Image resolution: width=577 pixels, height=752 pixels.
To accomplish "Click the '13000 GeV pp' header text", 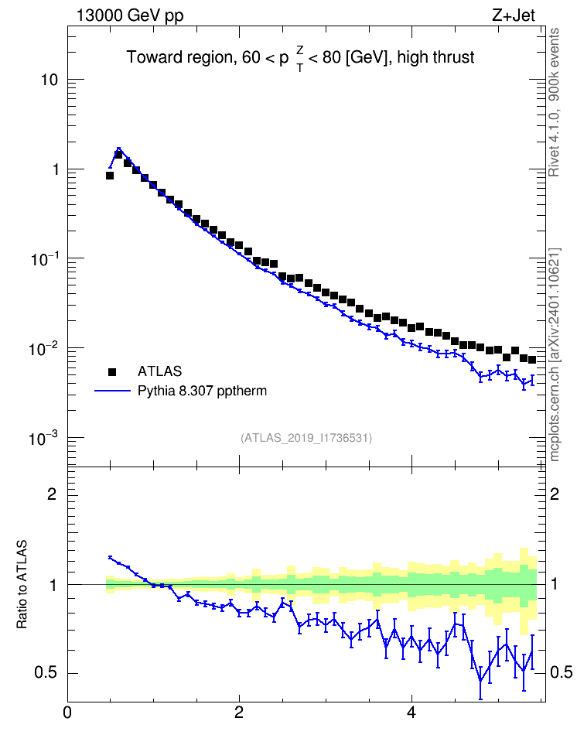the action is pos(130,15).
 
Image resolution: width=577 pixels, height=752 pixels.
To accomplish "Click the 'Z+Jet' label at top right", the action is pos(514,15).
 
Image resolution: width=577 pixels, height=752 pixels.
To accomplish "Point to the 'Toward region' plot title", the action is pos(300,58).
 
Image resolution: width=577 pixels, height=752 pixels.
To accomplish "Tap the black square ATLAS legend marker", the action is pos(112,371).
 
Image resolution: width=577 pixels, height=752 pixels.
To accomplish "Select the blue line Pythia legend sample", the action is pos(112,391).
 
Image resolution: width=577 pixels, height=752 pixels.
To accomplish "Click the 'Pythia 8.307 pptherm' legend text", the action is pos(202,391).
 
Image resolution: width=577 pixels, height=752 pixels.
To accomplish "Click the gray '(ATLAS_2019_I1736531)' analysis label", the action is pos(306,438).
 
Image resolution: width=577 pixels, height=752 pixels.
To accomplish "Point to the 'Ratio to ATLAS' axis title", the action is pos(22,584).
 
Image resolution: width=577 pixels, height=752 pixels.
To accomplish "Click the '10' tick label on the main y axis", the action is pos(49,80).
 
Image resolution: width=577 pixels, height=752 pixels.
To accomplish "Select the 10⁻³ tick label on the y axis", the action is pos(45,438).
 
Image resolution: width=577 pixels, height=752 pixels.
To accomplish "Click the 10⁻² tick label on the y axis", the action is pos(45,349).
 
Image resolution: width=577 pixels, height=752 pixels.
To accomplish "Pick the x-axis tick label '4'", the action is pos(411,712).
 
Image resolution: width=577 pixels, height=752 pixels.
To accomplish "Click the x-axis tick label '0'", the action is pos(67,712).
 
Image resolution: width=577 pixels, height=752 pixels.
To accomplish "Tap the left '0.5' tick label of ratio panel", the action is pos(46,673).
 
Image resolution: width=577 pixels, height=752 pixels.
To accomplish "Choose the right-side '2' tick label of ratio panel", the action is pos(555,494).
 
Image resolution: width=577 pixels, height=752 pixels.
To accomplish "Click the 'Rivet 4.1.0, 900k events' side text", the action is pos(554,102).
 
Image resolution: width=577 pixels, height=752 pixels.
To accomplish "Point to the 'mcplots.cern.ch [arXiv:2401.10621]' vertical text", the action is pos(555,354).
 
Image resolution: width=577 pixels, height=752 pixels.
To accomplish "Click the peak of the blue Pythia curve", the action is pos(118,149).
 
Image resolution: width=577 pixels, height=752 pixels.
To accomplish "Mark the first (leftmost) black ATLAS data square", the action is pos(110,176).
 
